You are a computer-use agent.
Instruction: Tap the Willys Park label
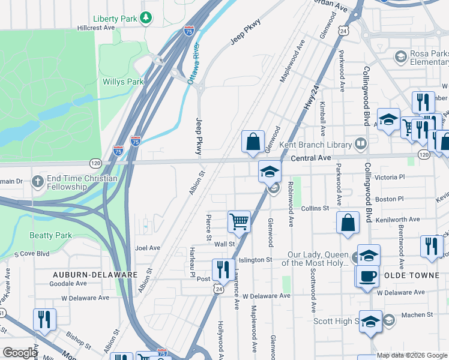tap(123, 82)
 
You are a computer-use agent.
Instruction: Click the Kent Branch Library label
tap(323, 145)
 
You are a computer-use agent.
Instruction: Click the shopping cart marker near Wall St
tap(239, 221)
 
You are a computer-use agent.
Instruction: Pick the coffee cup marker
tap(367, 275)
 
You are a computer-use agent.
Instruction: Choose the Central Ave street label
tap(312, 158)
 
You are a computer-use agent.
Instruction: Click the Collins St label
tap(315, 208)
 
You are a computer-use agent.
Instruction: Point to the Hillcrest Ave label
tap(96, 28)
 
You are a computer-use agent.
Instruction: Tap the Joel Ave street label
tap(148, 247)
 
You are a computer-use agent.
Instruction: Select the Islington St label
tap(256, 260)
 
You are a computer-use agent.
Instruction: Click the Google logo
tap(20, 353)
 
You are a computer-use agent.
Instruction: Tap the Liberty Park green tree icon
tap(146, 19)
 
